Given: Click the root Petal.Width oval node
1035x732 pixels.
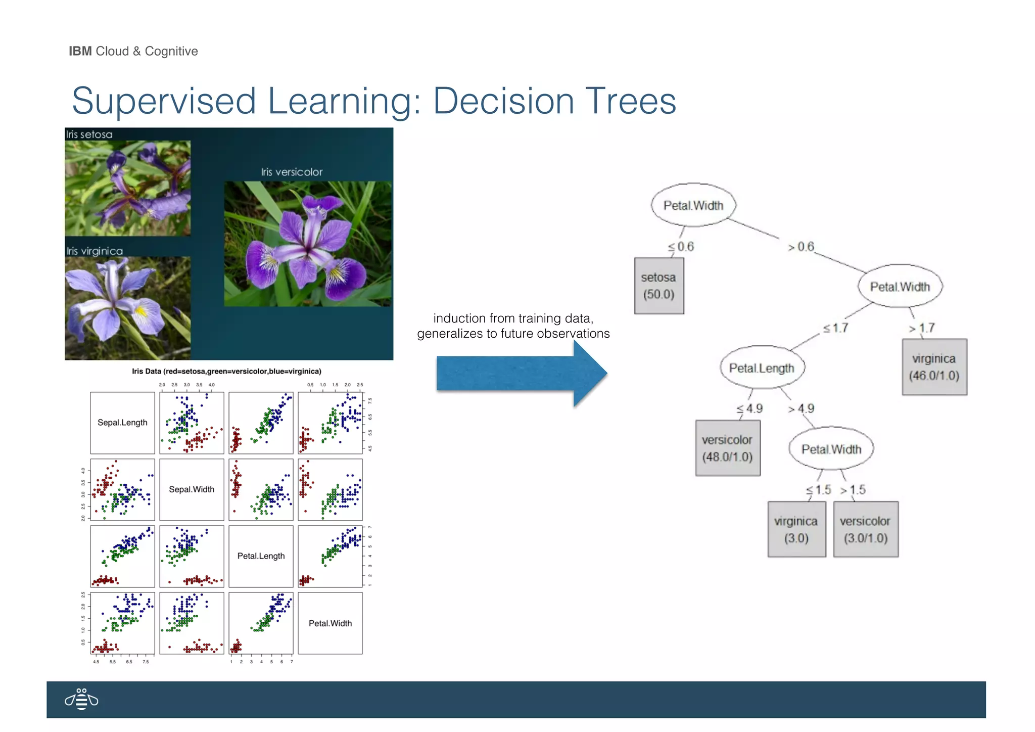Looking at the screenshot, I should [x=693, y=205].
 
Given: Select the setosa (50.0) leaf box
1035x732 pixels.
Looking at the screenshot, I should [x=659, y=286].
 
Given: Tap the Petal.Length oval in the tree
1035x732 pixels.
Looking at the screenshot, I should [x=762, y=368].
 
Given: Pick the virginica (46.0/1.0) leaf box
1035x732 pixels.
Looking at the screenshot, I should [x=934, y=367].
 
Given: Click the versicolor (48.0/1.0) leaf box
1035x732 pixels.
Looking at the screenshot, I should [x=727, y=448].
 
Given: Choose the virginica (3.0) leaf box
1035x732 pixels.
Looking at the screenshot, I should [x=796, y=529].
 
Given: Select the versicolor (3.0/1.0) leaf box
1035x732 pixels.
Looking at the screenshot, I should [x=866, y=529].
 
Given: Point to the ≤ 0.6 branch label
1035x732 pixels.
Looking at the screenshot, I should [x=681, y=247].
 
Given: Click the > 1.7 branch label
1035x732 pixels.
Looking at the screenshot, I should [x=922, y=328].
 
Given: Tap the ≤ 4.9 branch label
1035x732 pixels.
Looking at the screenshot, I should [x=750, y=408].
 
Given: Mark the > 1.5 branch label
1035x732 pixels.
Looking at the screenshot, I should [x=853, y=490].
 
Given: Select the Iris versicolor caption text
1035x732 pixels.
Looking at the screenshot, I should [x=292, y=172].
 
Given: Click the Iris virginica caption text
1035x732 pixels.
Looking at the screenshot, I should [x=95, y=251].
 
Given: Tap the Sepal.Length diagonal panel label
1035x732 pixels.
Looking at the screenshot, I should [x=122, y=423].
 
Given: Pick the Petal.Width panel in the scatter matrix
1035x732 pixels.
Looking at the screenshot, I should [x=330, y=623].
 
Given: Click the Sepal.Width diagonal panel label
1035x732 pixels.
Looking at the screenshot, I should [x=192, y=489].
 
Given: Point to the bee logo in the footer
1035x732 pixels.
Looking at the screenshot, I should [x=81, y=700].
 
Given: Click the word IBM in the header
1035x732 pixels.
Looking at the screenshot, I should [x=80, y=51].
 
